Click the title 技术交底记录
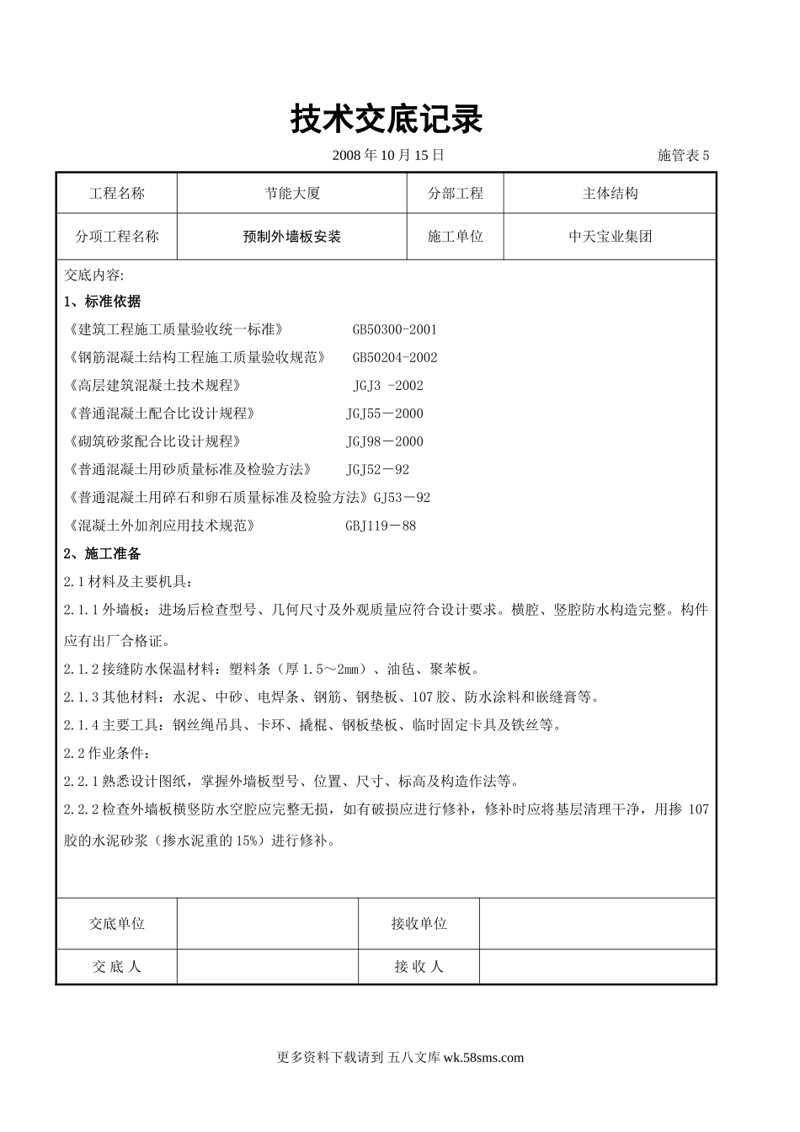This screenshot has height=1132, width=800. (x=387, y=120)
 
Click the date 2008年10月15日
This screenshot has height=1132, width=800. (x=388, y=155)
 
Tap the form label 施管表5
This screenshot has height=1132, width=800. (x=683, y=155)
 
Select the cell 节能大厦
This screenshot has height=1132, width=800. (x=292, y=194)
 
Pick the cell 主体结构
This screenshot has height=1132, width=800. (x=610, y=194)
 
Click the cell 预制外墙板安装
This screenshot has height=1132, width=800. (x=292, y=238)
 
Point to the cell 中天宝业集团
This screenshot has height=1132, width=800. (x=610, y=238)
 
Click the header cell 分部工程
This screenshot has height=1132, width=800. (x=456, y=194)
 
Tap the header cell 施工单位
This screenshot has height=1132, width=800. (x=456, y=238)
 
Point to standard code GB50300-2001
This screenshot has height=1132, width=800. (x=394, y=329)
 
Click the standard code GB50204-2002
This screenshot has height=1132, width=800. (x=394, y=357)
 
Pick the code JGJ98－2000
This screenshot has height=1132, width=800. (x=384, y=441)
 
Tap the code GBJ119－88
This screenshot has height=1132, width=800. (x=381, y=526)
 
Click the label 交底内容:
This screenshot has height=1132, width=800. (x=93, y=275)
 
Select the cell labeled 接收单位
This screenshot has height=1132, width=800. (x=419, y=924)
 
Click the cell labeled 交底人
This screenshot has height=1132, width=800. (x=117, y=967)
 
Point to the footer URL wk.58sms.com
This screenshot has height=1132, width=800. (x=483, y=1058)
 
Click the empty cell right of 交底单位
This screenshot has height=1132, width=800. (x=268, y=924)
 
